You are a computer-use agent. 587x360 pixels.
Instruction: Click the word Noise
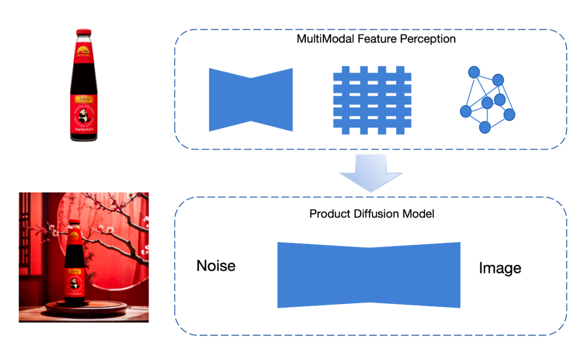[216, 266]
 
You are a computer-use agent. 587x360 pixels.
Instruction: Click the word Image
[499, 268]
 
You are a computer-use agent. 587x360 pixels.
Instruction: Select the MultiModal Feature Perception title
[376, 39]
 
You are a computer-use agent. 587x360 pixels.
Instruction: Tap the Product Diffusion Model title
[372, 214]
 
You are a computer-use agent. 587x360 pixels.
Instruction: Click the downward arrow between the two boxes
[371, 172]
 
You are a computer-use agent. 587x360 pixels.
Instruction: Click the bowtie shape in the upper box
[251, 100]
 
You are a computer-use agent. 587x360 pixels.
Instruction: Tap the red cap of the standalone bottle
[83, 33]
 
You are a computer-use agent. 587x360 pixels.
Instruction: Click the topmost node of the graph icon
[474, 71]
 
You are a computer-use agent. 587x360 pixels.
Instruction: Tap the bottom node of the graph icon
[485, 127]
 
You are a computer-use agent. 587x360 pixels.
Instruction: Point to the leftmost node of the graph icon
[465, 111]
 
